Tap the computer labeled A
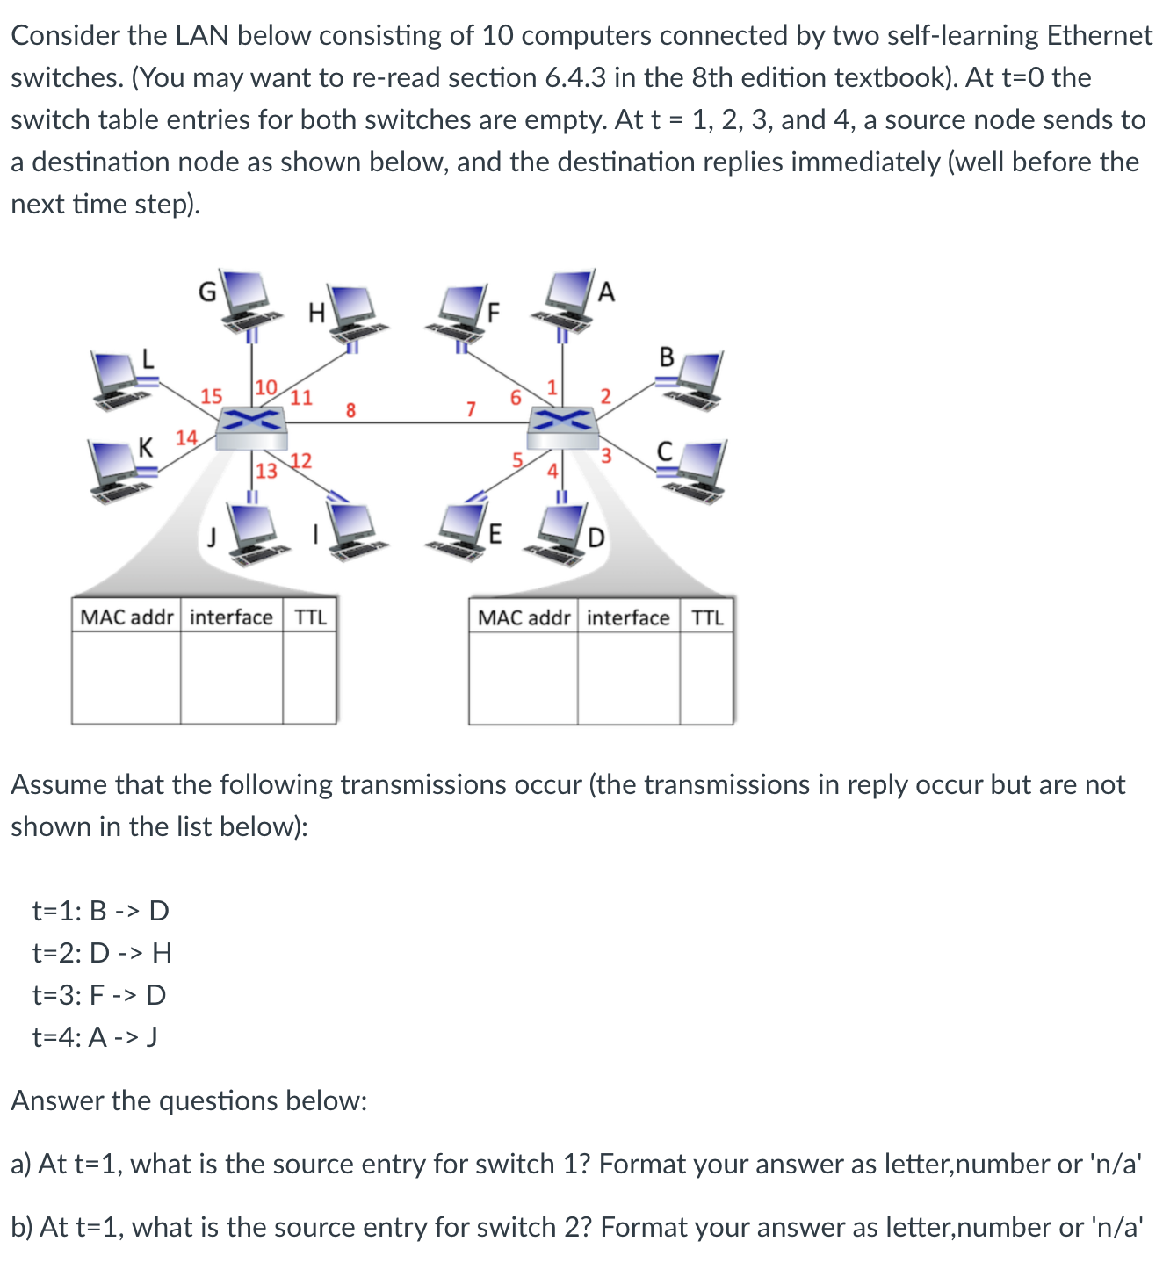click(570, 299)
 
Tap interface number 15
click(212, 396)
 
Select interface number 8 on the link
click(350, 409)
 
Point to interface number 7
click(471, 409)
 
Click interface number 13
click(266, 472)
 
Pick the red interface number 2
click(605, 395)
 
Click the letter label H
click(316, 312)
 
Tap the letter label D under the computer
click(596, 537)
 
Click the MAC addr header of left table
click(126, 617)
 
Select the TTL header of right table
click(707, 617)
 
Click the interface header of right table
click(627, 617)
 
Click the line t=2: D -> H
click(102, 952)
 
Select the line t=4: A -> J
click(95, 1037)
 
